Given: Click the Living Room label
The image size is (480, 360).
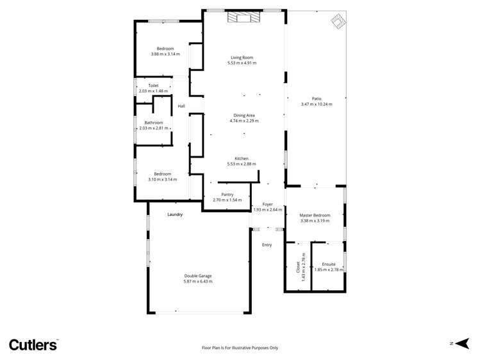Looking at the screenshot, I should [x=244, y=58].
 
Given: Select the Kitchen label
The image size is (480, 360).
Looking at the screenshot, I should [x=242, y=158].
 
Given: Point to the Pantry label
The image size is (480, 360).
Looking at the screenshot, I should [x=227, y=195].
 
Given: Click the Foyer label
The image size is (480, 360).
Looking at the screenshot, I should [x=267, y=204].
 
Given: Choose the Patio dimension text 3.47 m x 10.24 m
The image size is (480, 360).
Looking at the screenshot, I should [x=317, y=104].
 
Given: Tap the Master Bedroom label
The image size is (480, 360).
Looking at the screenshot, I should [x=315, y=215].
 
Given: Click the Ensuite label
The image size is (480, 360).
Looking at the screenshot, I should [x=329, y=264].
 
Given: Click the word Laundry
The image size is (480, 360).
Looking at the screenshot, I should [x=175, y=214].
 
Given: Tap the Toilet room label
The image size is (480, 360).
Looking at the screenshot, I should [x=153, y=85].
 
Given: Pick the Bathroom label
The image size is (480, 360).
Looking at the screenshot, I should [x=153, y=122].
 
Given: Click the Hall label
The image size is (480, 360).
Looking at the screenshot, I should [x=181, y=106].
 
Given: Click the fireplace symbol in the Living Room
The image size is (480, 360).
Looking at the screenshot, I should [x=245, y=18].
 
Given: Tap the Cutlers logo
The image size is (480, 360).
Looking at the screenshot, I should [x=33, y=344].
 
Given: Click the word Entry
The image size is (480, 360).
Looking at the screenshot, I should [x=267, y=245].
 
